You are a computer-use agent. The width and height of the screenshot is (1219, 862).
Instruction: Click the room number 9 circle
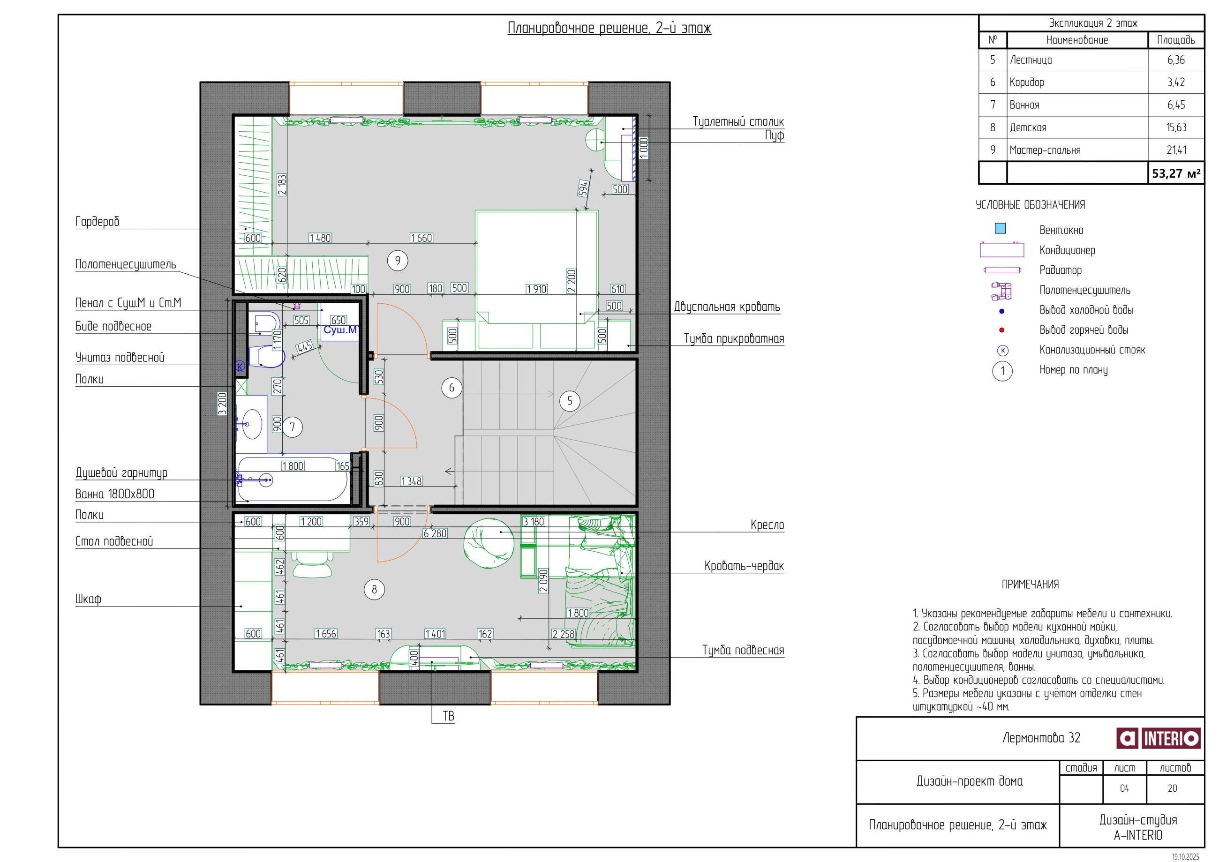[398, 260]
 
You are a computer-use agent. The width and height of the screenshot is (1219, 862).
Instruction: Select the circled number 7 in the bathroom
[292, 427]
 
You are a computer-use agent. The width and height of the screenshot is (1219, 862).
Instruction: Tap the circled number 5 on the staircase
[570, 401]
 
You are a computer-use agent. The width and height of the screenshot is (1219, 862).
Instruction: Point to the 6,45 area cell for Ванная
[1176, 105]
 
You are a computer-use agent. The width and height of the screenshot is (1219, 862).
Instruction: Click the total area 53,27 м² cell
[1176, 173]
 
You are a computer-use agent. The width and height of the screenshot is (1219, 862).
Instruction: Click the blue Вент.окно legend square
[1000, 228]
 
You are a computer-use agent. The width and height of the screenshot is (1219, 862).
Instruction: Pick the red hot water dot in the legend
[1002, 330]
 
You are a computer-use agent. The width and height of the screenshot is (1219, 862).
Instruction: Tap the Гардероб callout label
[97, 221]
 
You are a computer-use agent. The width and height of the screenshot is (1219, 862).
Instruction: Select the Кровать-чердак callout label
[744, 566]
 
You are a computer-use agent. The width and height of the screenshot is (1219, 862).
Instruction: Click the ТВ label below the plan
[449, 716]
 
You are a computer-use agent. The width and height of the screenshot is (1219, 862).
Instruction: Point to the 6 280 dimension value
[435, 533]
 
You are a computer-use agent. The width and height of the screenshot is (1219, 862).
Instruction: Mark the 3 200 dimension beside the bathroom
[222, 404]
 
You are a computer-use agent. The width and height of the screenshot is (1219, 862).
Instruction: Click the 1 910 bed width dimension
[536, 289]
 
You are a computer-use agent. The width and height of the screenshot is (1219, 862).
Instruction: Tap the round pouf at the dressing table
[594, 141]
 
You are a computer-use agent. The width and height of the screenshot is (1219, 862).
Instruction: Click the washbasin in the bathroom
[252, 424]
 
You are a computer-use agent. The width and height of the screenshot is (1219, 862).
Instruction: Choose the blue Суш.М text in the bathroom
[340, 330]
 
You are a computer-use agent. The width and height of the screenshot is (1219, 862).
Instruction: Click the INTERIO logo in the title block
[1158, 738]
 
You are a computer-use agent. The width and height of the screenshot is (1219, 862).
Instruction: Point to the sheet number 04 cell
[1124, 789]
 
